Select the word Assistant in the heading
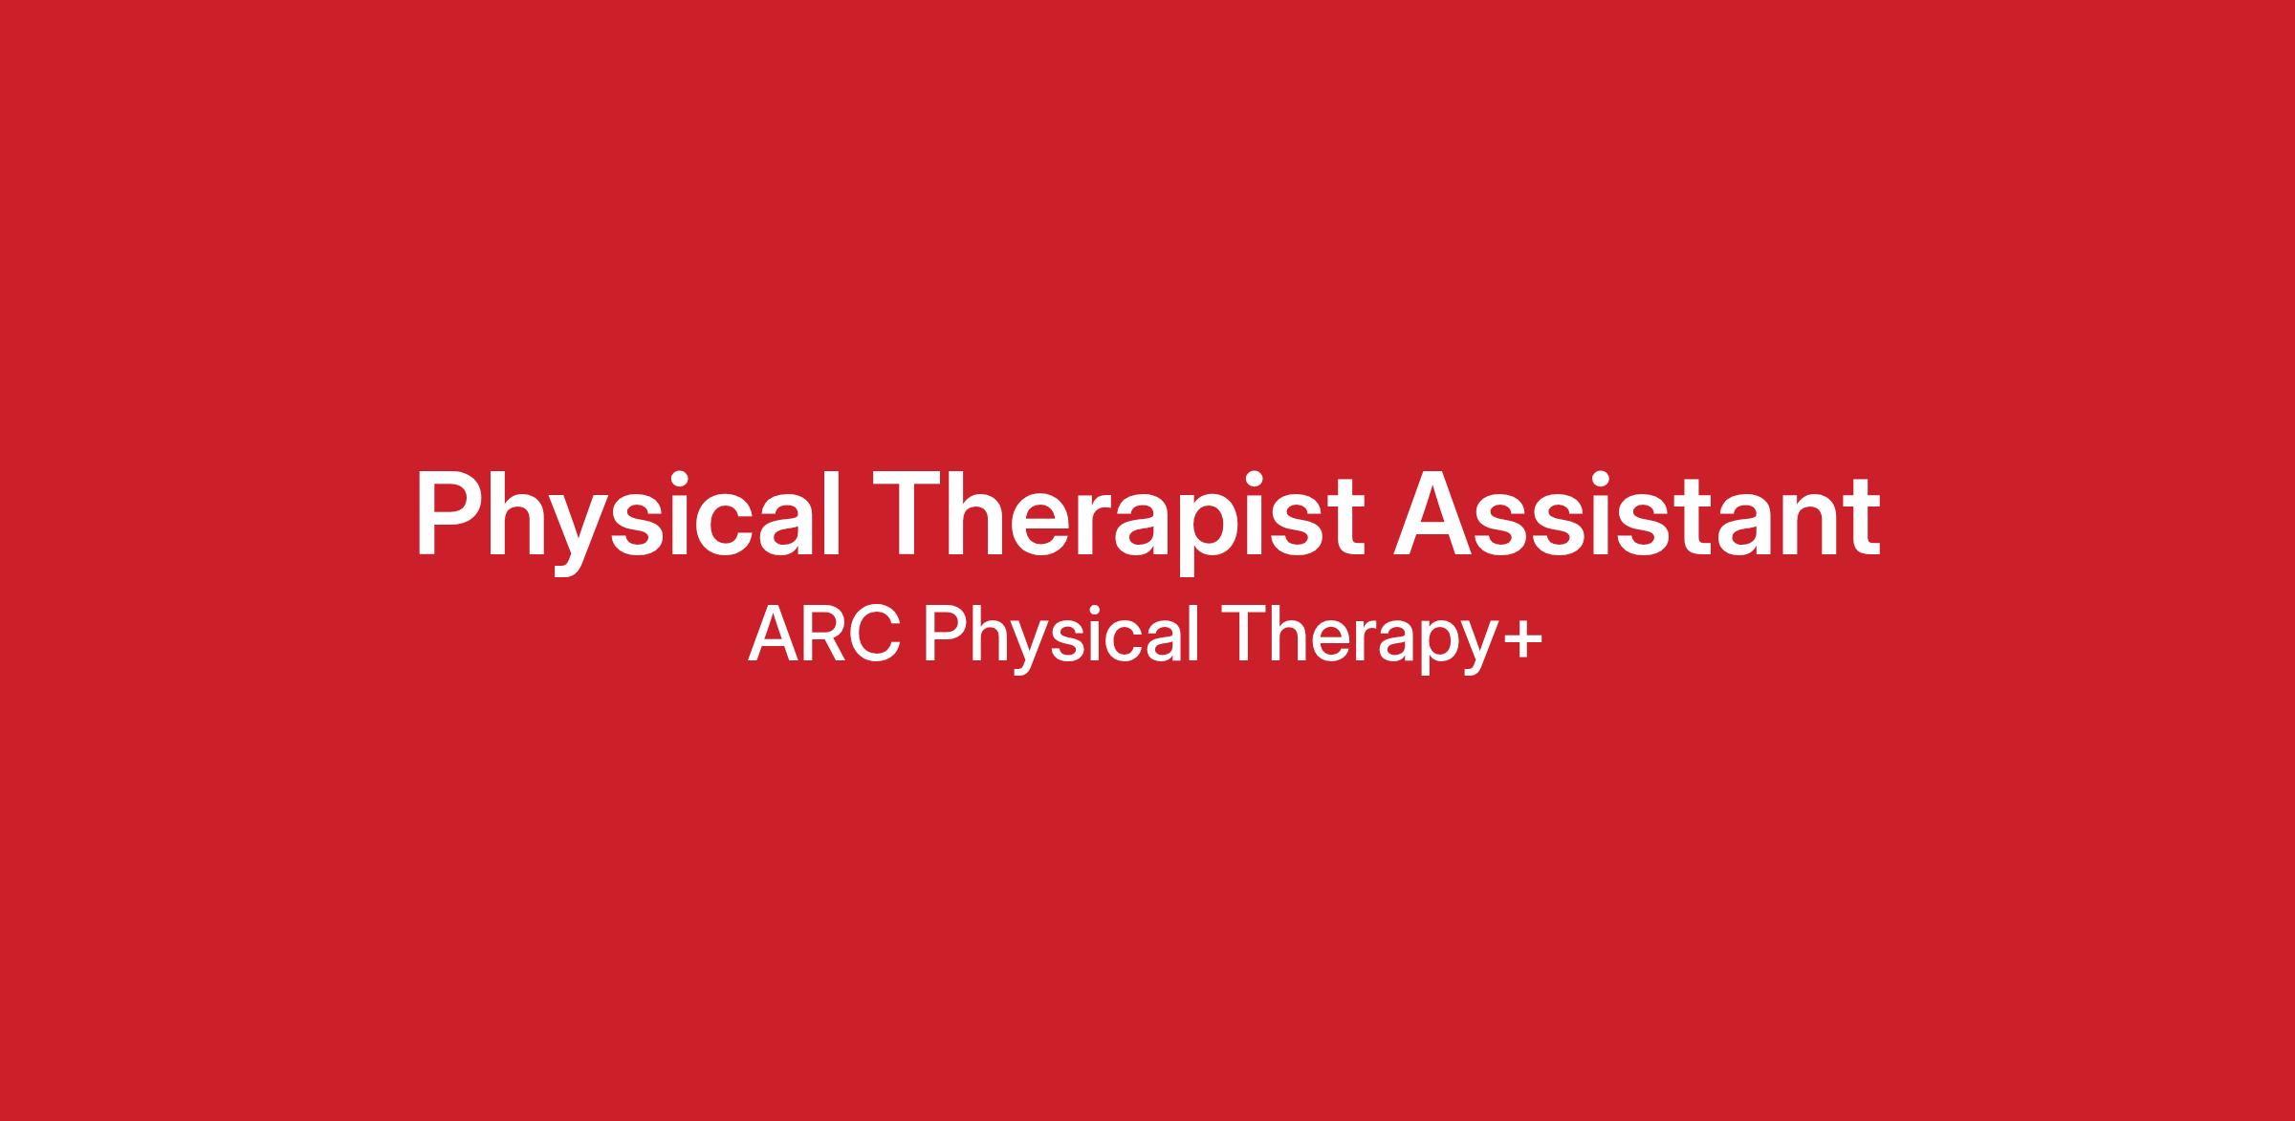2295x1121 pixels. point(1637,513)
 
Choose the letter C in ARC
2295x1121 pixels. point(876,634)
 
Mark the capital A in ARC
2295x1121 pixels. point(772,634)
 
